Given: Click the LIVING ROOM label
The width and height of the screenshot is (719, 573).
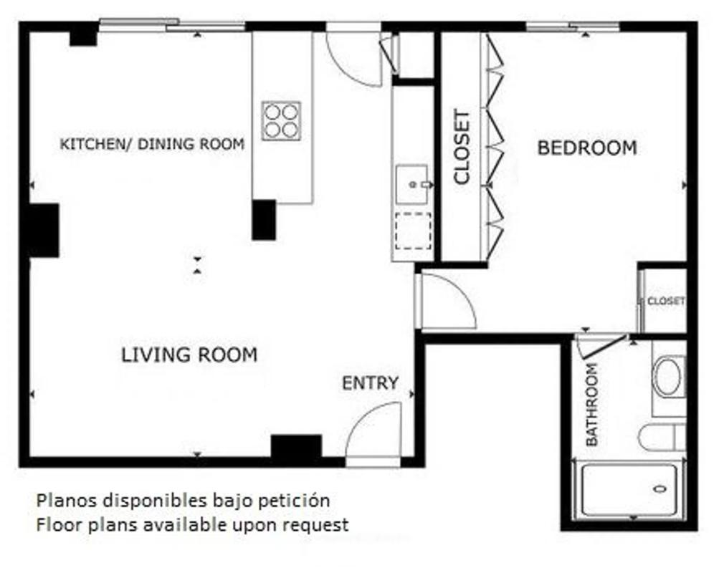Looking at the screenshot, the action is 189,355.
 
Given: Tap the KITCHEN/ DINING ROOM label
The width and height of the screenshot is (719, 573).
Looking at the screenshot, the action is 152,144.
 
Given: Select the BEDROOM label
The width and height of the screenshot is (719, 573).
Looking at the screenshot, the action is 587,148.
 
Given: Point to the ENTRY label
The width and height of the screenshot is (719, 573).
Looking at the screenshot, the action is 371,383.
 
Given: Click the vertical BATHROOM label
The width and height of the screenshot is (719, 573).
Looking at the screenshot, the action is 592,405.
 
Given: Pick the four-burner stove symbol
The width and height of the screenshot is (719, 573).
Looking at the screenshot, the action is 281,121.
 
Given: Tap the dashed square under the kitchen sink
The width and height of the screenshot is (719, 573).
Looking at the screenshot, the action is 413,231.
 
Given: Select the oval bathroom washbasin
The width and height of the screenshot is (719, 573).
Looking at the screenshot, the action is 668,377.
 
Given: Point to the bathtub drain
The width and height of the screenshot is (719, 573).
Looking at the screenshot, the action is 660,488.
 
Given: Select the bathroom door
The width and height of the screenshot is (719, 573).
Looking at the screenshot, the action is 604,347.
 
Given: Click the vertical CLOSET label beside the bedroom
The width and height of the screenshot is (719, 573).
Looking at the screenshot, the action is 462,147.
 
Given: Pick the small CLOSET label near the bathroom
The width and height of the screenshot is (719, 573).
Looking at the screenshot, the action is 666,301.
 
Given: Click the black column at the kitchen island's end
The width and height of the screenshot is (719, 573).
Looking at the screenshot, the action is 264,220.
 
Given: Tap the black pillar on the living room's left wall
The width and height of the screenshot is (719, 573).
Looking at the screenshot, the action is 44,231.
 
